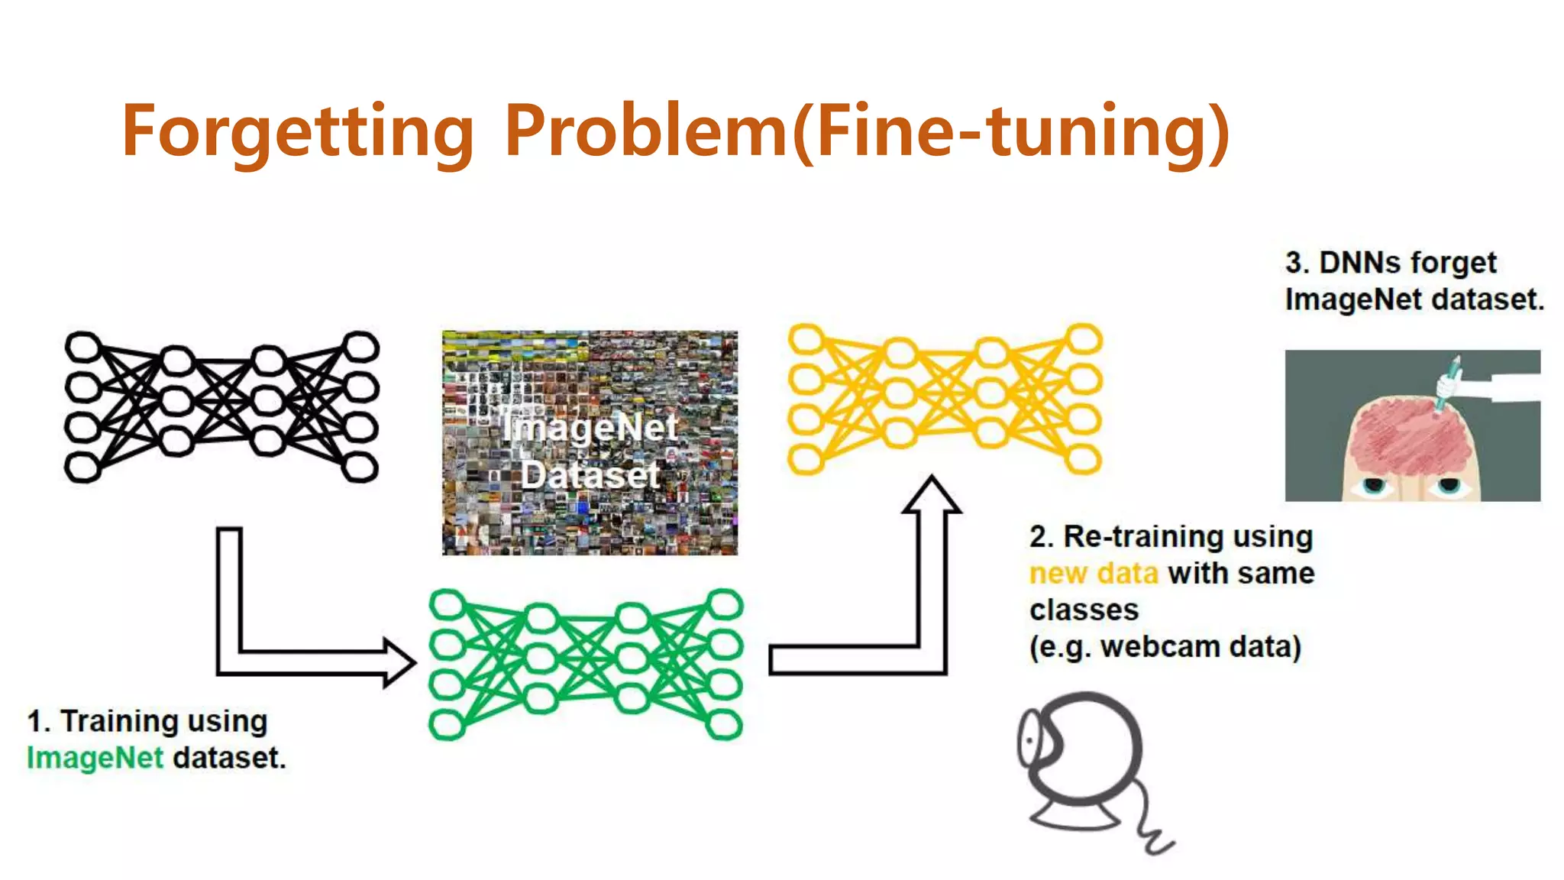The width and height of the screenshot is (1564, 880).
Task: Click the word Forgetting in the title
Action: coord(298,131)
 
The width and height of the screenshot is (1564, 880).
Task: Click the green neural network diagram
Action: coord(586,663)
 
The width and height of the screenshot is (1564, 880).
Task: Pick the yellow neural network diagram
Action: coord(945,398)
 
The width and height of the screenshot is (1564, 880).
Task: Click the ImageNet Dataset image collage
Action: coord(590,442)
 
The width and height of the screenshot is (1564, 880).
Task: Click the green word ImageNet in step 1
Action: coord(95,758)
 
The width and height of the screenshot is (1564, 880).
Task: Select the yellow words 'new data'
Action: coord(1094,573)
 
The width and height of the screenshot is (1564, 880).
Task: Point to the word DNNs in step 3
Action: coord(1359,263)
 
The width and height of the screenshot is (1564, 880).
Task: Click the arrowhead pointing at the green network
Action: coord(399,662)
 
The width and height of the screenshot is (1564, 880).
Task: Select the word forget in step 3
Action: coord(1453,263)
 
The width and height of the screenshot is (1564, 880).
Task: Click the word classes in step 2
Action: coord(1084,610)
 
